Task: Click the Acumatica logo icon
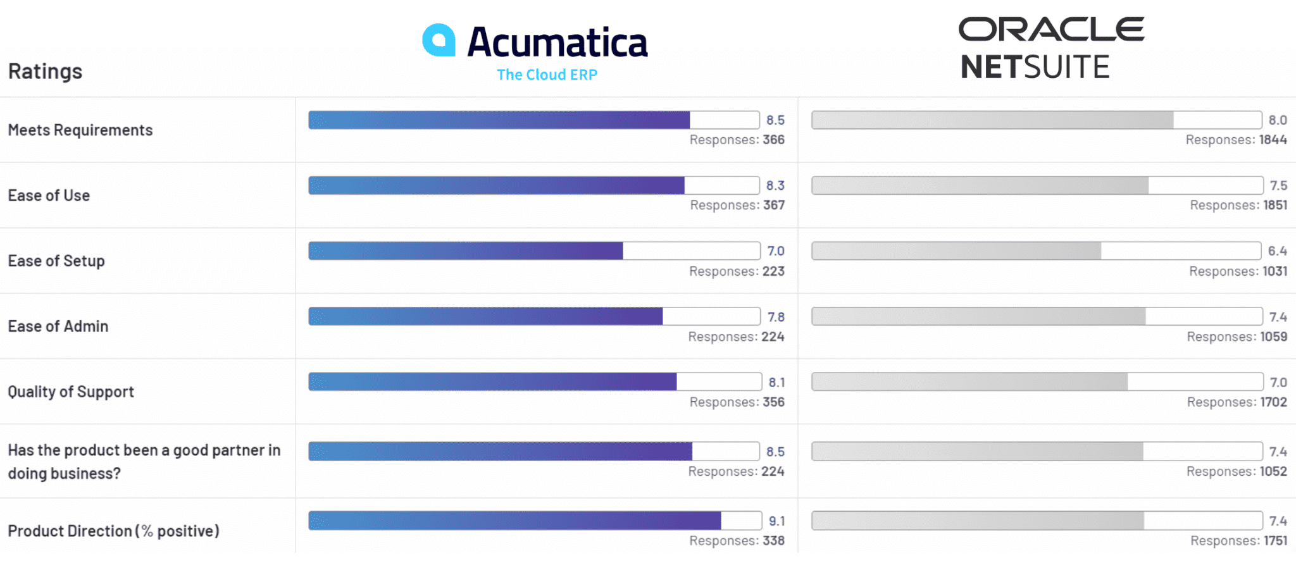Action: (x=439, y=40)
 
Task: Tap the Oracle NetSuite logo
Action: (x=1051, y=48)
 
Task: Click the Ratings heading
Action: (x=45, y=71)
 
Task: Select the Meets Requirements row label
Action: (x=80, y=130)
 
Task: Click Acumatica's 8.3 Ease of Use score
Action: (x=775, y=185)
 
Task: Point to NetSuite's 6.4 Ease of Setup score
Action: (x=1277, y=251)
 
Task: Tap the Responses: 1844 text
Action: (x=1236, y=140)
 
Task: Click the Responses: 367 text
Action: (x=737, y=206)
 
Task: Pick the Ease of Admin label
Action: (x=58, y=326)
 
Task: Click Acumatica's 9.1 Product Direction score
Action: (x=776, y=521)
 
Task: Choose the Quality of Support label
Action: (x=71, y=392)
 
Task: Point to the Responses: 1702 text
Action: (x=1237, y=402)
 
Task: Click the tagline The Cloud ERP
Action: (x=547, y=75)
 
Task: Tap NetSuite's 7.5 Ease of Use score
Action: (x=1278, y=185)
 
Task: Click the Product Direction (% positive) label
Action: (x=113, y=531)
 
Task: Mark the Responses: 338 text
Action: (x=737, y=541)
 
